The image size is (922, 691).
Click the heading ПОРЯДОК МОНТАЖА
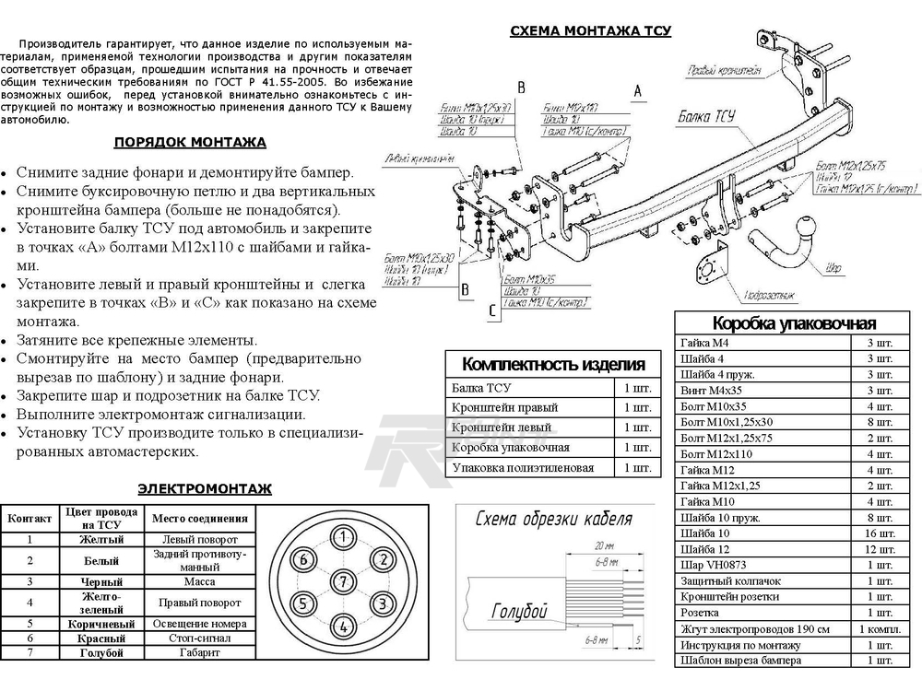(190, 142)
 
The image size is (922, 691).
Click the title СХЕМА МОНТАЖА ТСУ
(591, 30)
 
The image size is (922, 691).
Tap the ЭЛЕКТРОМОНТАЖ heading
(204, 488)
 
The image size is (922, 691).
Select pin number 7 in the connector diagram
(343, 580)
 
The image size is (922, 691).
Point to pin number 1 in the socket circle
(343, 537)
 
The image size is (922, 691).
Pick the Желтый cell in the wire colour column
(101, 539)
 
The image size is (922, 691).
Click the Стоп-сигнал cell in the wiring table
(199, 638)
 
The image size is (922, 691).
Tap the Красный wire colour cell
(101, 638)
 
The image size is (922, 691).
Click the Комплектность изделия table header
(552, 363)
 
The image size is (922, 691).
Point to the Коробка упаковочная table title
(794, 323)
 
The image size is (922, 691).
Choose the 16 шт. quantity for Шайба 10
(880, 533)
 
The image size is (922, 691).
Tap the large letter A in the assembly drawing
(636, 89)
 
